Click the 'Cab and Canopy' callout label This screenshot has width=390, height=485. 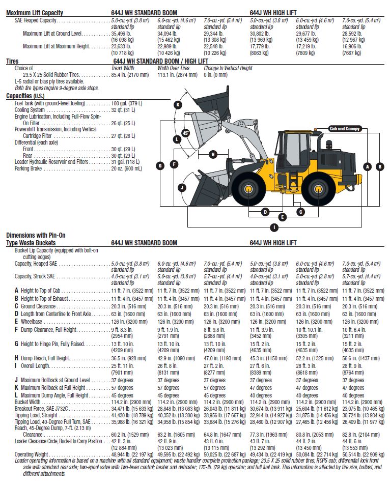click(344, 129)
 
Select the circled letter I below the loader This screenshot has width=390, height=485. click(274, 227)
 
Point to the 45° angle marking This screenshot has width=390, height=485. click(185, 133)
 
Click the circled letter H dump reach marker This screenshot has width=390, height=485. click(213, 154)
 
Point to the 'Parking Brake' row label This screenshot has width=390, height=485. click(28, 168)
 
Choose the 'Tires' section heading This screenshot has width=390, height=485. click(12, 61)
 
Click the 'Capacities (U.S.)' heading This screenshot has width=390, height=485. click(25, 96)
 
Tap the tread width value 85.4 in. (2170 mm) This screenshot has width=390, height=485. click(130, 75)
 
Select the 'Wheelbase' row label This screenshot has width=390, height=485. click(32, 322)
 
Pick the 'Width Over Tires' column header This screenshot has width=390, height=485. click(174, 68)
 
